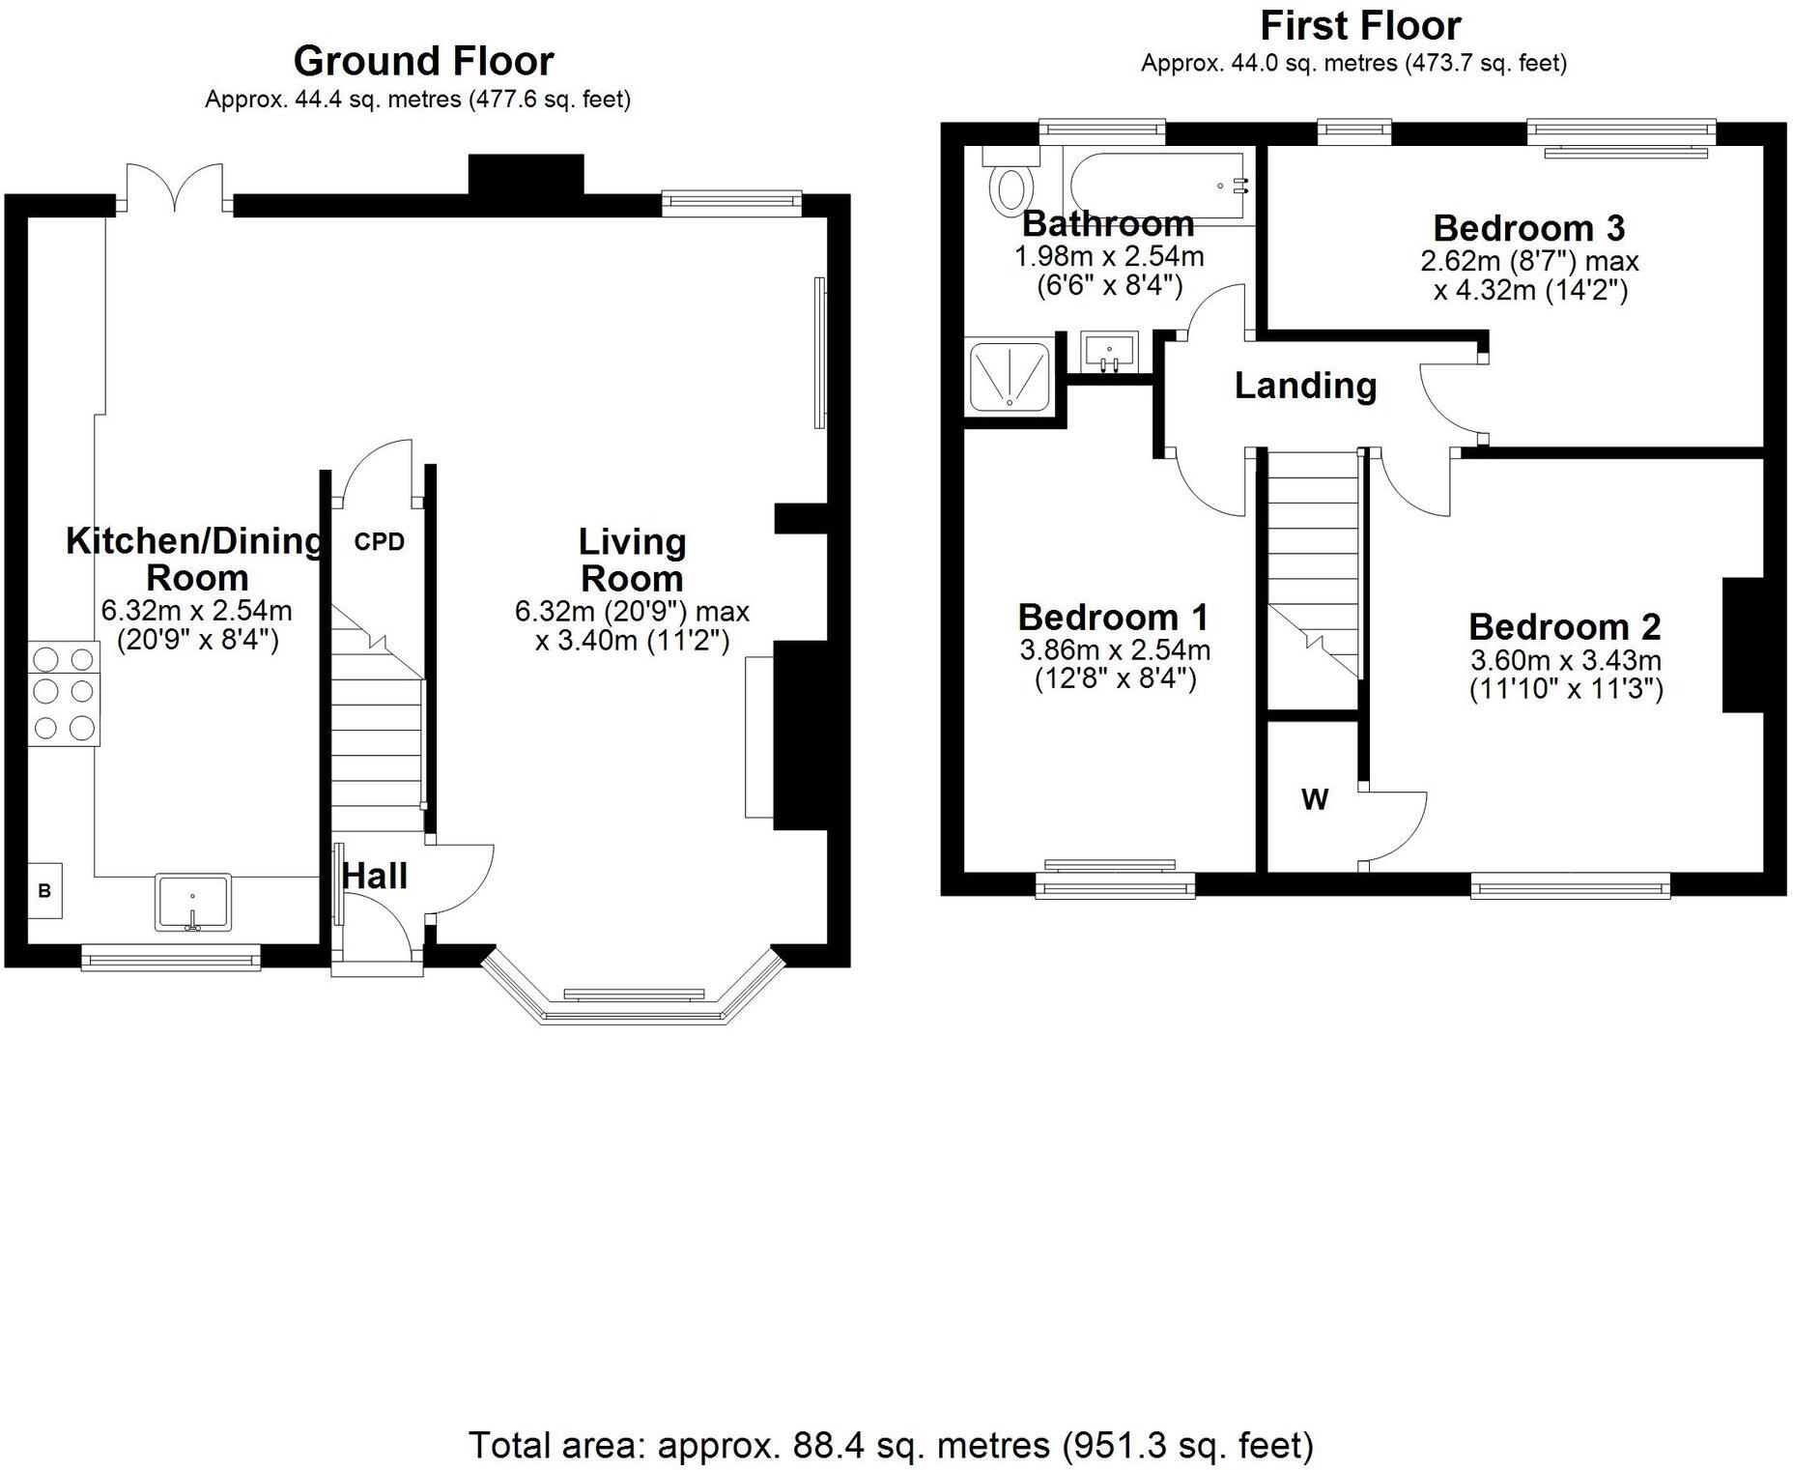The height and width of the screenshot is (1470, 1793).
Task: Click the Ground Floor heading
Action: point(423,61)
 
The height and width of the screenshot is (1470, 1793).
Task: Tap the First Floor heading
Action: point(1360,25)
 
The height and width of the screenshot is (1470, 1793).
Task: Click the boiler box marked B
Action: point(44,890)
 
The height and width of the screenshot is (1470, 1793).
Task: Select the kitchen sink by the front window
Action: point(193,903)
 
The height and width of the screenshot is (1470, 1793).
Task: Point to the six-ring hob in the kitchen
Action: point(64,694)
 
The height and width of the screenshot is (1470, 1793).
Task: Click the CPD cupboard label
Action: point(379,542)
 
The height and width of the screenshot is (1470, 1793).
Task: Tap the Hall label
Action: point(375,877)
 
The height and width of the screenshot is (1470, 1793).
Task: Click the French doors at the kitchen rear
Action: point(175,187)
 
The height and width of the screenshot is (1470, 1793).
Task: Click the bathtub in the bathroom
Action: point(1158,186)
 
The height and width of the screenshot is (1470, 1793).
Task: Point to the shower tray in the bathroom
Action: point(1010,375)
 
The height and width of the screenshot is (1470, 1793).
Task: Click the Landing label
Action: point(1305,386)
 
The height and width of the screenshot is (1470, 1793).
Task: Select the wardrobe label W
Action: point(1315,799)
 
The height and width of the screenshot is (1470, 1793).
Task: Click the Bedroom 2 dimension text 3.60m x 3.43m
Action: point(1566,660)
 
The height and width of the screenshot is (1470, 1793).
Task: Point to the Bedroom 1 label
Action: point(1114,617)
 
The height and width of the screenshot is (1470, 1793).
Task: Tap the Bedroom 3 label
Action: point(1529,228)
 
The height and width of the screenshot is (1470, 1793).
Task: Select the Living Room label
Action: point(632,560)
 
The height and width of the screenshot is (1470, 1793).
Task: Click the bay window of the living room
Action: point(633,995)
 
